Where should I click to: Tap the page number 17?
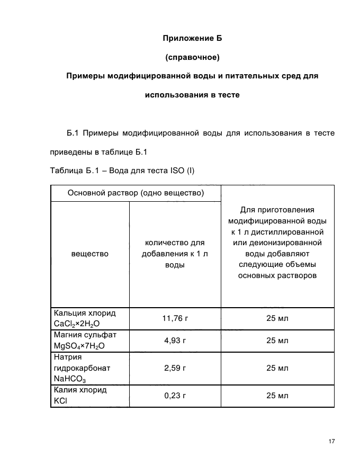point(332,442)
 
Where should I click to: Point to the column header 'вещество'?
point(89,254)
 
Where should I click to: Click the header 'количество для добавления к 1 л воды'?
point(175,254)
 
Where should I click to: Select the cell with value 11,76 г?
point(175,318)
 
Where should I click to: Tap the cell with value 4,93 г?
point(175,340)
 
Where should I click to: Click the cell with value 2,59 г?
point(175,367)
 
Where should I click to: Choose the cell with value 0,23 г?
point(175,396)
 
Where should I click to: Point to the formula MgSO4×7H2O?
point(79,346)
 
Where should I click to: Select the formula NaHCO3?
point(70,379)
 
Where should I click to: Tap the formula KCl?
point(60,401)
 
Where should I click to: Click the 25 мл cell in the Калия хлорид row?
point(277,396)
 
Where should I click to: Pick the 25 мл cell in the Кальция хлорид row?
point(277,318)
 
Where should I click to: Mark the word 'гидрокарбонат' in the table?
point(78,368)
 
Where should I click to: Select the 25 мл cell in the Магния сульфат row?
point(277,340)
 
